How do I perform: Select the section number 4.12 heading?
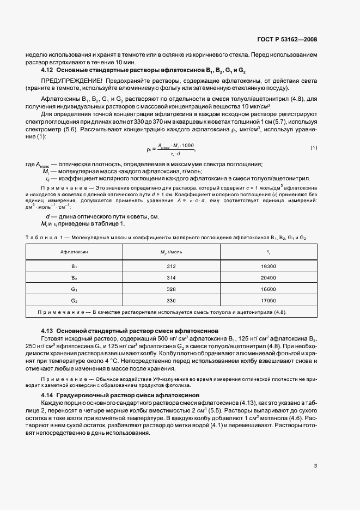pos(48,70)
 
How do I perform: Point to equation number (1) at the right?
pos(314,148)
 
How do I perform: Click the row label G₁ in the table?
pos(75,289)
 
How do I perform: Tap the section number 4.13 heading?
pos(48,331)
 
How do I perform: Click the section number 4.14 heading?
pos(48,394)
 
